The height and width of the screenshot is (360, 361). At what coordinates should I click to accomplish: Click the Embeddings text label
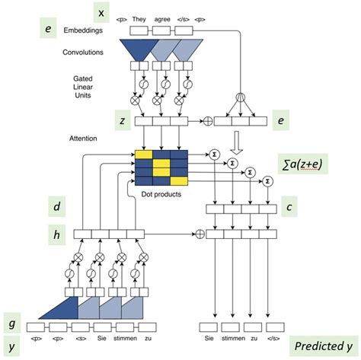point(85,31)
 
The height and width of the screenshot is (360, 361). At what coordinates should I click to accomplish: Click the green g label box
point(11,322)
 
